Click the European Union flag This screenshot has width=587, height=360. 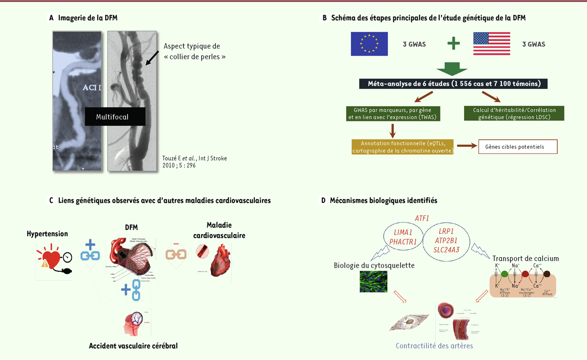coord(369,44)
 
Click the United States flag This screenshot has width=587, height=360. coord(492,44)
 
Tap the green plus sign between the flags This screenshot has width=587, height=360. coord(454,44)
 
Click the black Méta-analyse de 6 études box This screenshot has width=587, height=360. coord(454,84)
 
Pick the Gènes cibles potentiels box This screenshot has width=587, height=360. coord(518,146)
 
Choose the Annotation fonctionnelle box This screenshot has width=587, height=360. coord(403,147)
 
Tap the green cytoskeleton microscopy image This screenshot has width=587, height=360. coord(373,282)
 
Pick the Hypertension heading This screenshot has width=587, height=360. coord(47,234)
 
